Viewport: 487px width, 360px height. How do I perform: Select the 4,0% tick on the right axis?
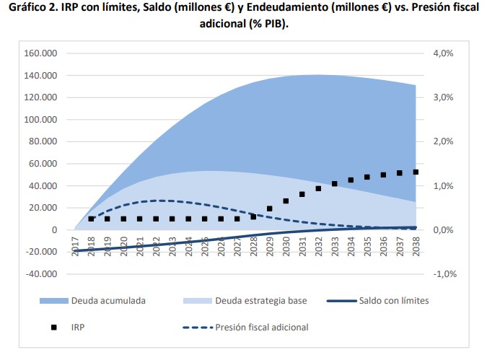[x=442, y=53]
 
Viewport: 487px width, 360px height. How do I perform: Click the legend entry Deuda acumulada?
[x=108, y=300]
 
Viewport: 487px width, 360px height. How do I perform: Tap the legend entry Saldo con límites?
[x=393, y=300]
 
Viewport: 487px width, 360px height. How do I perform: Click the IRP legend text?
[x=77, y=327]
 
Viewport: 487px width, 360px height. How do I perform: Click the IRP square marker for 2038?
[x=416, y=172]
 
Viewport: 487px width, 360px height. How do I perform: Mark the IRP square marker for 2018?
[x=91, y=219]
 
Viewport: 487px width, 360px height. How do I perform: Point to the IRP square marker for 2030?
[x=286, y=201]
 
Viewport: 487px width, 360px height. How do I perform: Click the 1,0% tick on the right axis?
[x=442, y=186]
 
